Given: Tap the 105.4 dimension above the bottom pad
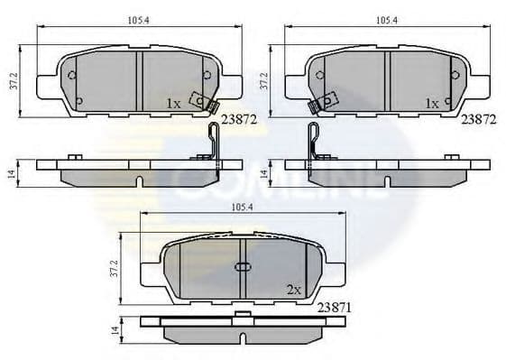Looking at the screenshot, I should click(240, 208).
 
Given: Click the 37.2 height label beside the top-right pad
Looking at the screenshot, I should click(264, 80).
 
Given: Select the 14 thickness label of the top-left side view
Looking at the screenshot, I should click(10, 173).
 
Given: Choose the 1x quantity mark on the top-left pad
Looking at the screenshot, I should click(174, 104).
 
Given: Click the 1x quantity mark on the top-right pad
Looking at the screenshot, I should click(432, 104).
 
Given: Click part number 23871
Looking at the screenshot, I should click(335, 308).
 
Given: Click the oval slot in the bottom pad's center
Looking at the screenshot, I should click(242, 267).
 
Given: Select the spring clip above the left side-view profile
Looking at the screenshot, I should click(210, 142).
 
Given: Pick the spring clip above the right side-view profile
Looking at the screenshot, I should click(315, 142).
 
